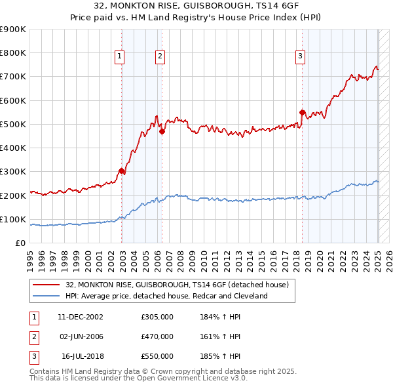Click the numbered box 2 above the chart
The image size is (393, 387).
[160, 57]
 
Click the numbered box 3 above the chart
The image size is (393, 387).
[300, 57]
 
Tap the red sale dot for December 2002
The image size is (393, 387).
[122, 171]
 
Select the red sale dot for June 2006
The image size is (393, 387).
[162, 131]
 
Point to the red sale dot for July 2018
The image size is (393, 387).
[302, 112]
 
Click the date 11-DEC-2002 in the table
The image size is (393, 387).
[80, 317]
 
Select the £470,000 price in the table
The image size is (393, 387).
[157, 336]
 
